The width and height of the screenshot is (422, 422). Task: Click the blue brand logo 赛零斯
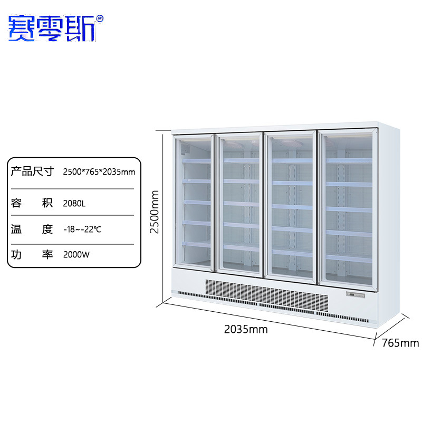51,27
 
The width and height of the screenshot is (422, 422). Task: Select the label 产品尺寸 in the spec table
32,171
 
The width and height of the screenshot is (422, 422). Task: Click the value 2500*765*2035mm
99,172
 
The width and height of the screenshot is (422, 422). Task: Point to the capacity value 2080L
74,203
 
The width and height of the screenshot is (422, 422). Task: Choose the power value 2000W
76,254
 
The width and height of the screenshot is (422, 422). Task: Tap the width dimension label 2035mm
246,330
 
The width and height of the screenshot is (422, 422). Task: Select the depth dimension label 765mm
400,343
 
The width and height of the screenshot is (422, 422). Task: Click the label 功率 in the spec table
32,254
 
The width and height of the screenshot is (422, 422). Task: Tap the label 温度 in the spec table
32,229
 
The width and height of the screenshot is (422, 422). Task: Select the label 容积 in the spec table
32,203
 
